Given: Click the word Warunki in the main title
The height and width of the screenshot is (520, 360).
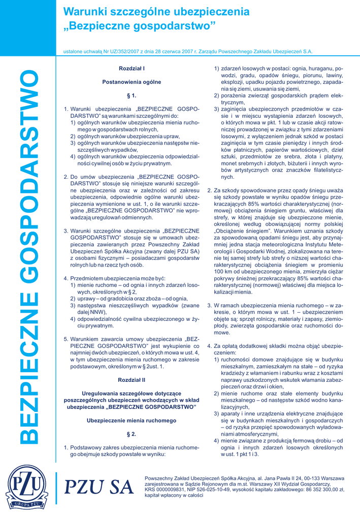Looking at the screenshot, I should (x=83, y=12).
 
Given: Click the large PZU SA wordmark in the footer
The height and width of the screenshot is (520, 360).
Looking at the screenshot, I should (x=100, y=487).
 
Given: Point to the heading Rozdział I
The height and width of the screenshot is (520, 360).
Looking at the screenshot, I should (x=132, y=68).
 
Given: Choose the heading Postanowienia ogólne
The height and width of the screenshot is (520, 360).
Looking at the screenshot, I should (x=132, y=82).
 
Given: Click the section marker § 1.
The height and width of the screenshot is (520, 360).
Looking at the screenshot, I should (x=132, y=95).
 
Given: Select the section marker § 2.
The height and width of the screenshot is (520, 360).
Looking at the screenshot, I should (x=132, y=434).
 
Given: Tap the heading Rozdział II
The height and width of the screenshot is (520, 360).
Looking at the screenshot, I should (x=132, y=379).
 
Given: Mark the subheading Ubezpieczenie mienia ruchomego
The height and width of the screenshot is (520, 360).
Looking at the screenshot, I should (x=132, y=420).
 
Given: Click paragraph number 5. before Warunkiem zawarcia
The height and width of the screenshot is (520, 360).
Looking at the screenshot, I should (x=66, y=339).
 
